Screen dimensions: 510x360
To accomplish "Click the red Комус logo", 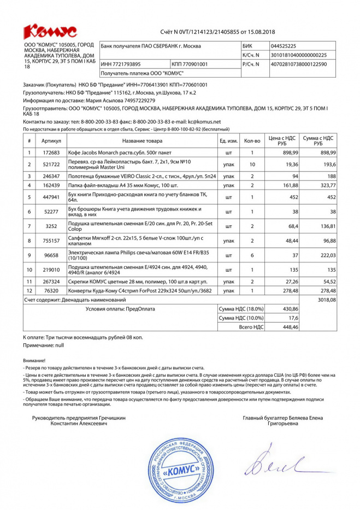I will point(50,31).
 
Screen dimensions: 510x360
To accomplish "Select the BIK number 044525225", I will point(284,46).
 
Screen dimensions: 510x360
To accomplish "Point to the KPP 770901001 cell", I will point(190,64).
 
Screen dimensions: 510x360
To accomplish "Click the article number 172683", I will point(51,153).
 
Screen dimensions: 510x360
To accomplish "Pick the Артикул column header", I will point(51,140).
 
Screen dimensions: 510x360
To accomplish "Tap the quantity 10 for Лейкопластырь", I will point(252,164).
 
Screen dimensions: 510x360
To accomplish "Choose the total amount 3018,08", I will point(327,300).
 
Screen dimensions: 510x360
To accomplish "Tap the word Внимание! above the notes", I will point(34,361).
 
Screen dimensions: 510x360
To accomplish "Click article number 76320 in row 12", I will point(51,290).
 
